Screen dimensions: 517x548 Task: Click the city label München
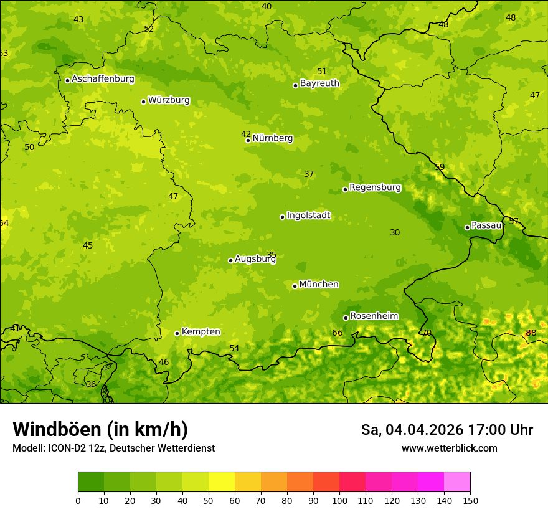pos(319,285)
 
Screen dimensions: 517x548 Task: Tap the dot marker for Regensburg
pos(345,189)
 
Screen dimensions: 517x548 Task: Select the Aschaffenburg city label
pos(103,79)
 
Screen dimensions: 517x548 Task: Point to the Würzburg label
pos(169,100)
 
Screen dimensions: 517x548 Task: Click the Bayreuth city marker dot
pos(295,85)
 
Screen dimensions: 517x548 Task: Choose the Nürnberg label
pos(272,138)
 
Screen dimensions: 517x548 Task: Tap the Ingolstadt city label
pos(308,216)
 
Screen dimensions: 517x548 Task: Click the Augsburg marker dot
pos(230,260)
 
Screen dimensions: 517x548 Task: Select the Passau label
pos(486,225)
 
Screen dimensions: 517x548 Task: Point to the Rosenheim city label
pos(374,316)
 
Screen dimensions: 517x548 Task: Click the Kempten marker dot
pos(177,333)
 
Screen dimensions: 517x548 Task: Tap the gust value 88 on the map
pos(531,333)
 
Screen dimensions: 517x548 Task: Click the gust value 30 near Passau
pos(395,233)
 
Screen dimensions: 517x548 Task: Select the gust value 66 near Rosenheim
pos(337,333)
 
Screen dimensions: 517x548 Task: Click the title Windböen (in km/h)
pos(100,429)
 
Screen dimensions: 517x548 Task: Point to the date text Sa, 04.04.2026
pos(412,430)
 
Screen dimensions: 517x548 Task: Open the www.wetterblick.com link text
pos(449,448)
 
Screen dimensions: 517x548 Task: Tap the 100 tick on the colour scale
pos(339,501)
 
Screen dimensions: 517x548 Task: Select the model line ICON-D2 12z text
pos(75,448)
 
